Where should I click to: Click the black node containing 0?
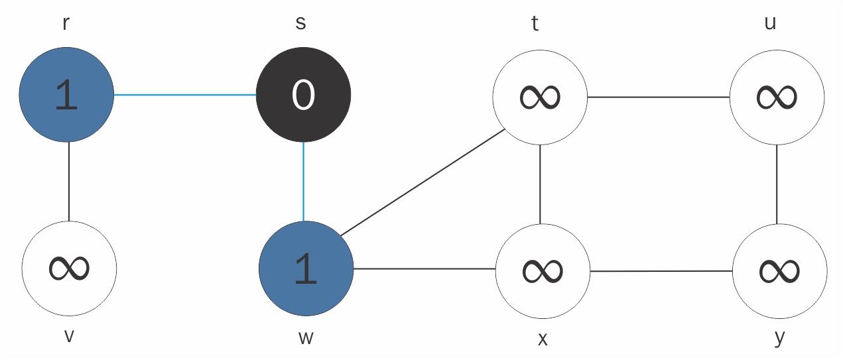click(303, 95)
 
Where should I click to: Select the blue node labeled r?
click(66, 95)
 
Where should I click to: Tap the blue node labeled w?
click(306, 269)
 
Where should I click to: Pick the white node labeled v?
click(69, 269)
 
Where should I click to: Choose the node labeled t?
click(540, 97)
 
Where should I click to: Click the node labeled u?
click(777, 97)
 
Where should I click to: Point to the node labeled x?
click(543, 271)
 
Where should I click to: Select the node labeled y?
click(780, 271)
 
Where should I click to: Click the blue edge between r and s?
click(185, 95)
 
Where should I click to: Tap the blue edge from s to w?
click(303, 182)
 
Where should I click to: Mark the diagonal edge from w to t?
click(422, 182)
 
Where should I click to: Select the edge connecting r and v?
click(69, 182)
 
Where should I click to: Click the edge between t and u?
click(659, 97)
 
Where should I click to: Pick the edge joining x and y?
click(661, 271)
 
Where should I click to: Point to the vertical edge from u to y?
click(777, 184)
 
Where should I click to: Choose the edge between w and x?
click(424, 269)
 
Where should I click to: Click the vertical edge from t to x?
click(540, 184)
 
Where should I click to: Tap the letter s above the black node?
click(300, 23)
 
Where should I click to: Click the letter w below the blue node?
click(306, 338)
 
